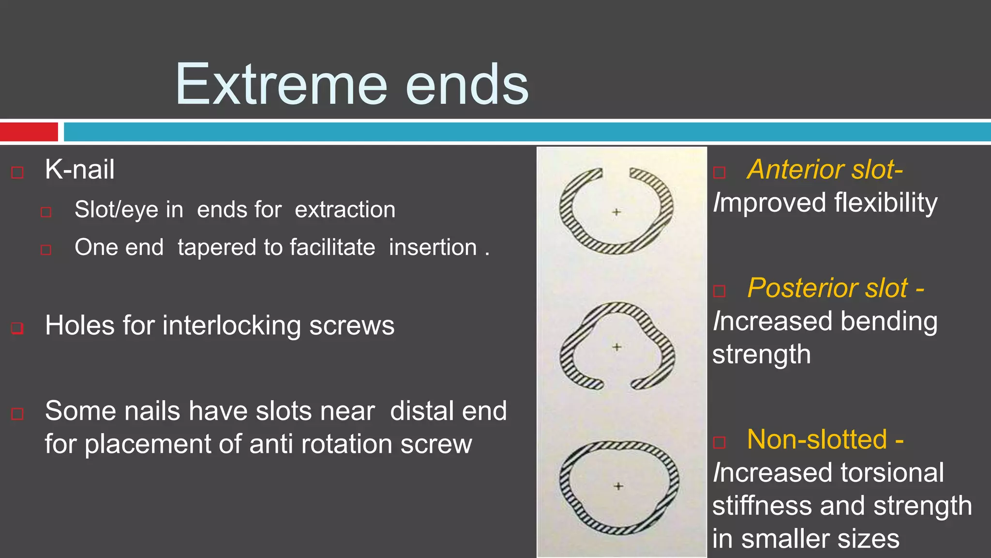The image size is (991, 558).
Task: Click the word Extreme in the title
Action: pyautogui.click(x=281, y=85)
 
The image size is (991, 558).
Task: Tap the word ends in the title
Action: pyautogui.click(x=467, y=85)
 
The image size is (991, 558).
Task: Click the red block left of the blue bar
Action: pyautogui.click(x=29, y=132)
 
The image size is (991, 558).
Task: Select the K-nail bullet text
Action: pyautogui.click(x=80, y=170)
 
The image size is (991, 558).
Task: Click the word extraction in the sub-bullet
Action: pyautogui.click(x=345, y=210)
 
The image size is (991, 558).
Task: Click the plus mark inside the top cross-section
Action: pyautogui.click(x=616, y=212)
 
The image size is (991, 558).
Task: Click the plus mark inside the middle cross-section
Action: pyautogui.click(x=617, y=347)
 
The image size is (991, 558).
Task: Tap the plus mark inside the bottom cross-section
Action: pyautogui.click(x=618, y=486)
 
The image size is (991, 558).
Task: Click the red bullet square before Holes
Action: pyautogui.click(x=17, y=328)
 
